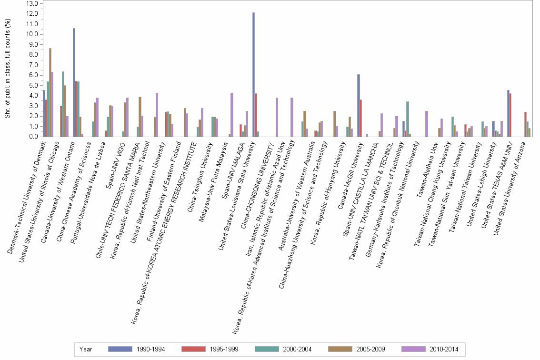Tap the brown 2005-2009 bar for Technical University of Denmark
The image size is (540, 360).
pos(50,92)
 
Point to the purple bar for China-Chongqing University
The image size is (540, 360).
pos(277,117)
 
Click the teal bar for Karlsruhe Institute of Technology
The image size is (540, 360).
pos(408,119)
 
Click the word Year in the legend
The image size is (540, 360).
pos(86,349)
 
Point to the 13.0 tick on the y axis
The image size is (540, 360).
pos(33,3)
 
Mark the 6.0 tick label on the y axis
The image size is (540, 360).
pos(33,75)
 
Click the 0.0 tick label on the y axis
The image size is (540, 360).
pos(33,137)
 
